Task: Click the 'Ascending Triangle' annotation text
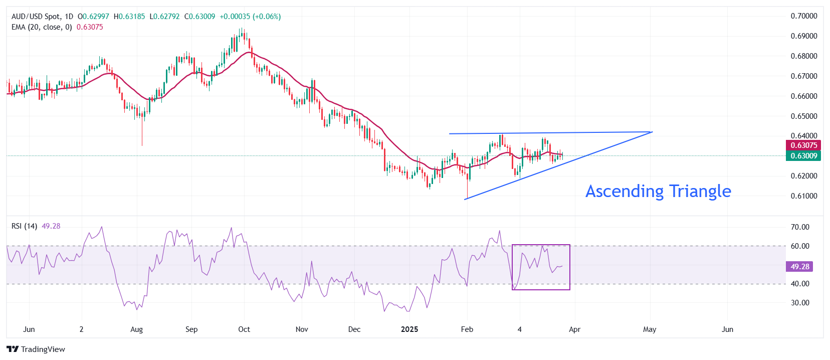tap(658, 191)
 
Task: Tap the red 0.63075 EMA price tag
tap(803, 145)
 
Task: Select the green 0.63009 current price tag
tap(803, 156)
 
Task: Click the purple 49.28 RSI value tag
tap(799, 267)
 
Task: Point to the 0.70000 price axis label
tap(803, 16)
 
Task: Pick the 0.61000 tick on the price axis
tap(803, 196)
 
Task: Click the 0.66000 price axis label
tap(803, 96)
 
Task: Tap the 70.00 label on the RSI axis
tap(800, 227)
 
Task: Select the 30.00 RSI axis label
tap(800, 303)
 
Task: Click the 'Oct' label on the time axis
tap(244, 329)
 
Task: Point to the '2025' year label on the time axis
tap(409, 329)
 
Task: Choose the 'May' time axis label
tap(650, 329)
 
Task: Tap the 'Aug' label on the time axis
tap(136, 329)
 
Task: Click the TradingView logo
tap(36, 349)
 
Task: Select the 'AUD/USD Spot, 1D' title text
tap(42, 17)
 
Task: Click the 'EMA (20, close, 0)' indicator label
tap(42, 27)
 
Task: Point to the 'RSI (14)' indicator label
tap(24, 226)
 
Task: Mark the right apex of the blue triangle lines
tap(652, 132)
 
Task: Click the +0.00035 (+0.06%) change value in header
tap(250, 17)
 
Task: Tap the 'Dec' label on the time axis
tap(354, 329)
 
